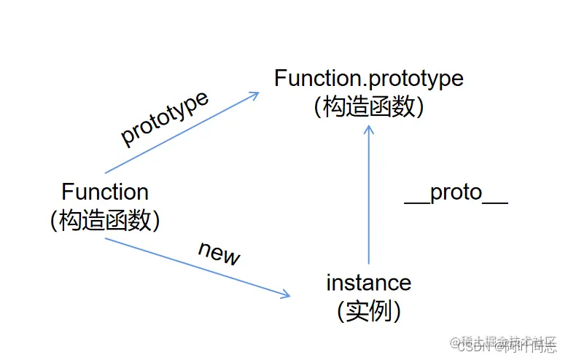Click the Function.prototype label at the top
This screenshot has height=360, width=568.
[368, 78]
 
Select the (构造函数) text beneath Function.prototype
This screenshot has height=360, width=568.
[368, 106]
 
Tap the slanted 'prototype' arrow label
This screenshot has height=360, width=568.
[165, 118]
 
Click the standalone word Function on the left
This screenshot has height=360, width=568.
[105, 192]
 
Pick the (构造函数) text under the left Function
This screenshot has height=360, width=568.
[105, 220]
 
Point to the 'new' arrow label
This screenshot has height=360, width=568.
[219, 252]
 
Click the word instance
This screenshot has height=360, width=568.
[368, 282]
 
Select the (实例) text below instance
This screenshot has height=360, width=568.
[368, 311]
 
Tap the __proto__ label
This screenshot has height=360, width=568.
[456, 192]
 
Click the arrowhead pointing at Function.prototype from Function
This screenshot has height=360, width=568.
[255, 95]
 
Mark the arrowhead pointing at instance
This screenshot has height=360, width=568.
[286, 294]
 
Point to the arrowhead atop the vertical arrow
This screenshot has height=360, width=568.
[369, 129]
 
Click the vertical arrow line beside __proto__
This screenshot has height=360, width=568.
[369, 197]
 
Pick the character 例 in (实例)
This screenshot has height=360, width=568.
[380, 311]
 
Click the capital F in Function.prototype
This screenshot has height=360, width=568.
[280, 78]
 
